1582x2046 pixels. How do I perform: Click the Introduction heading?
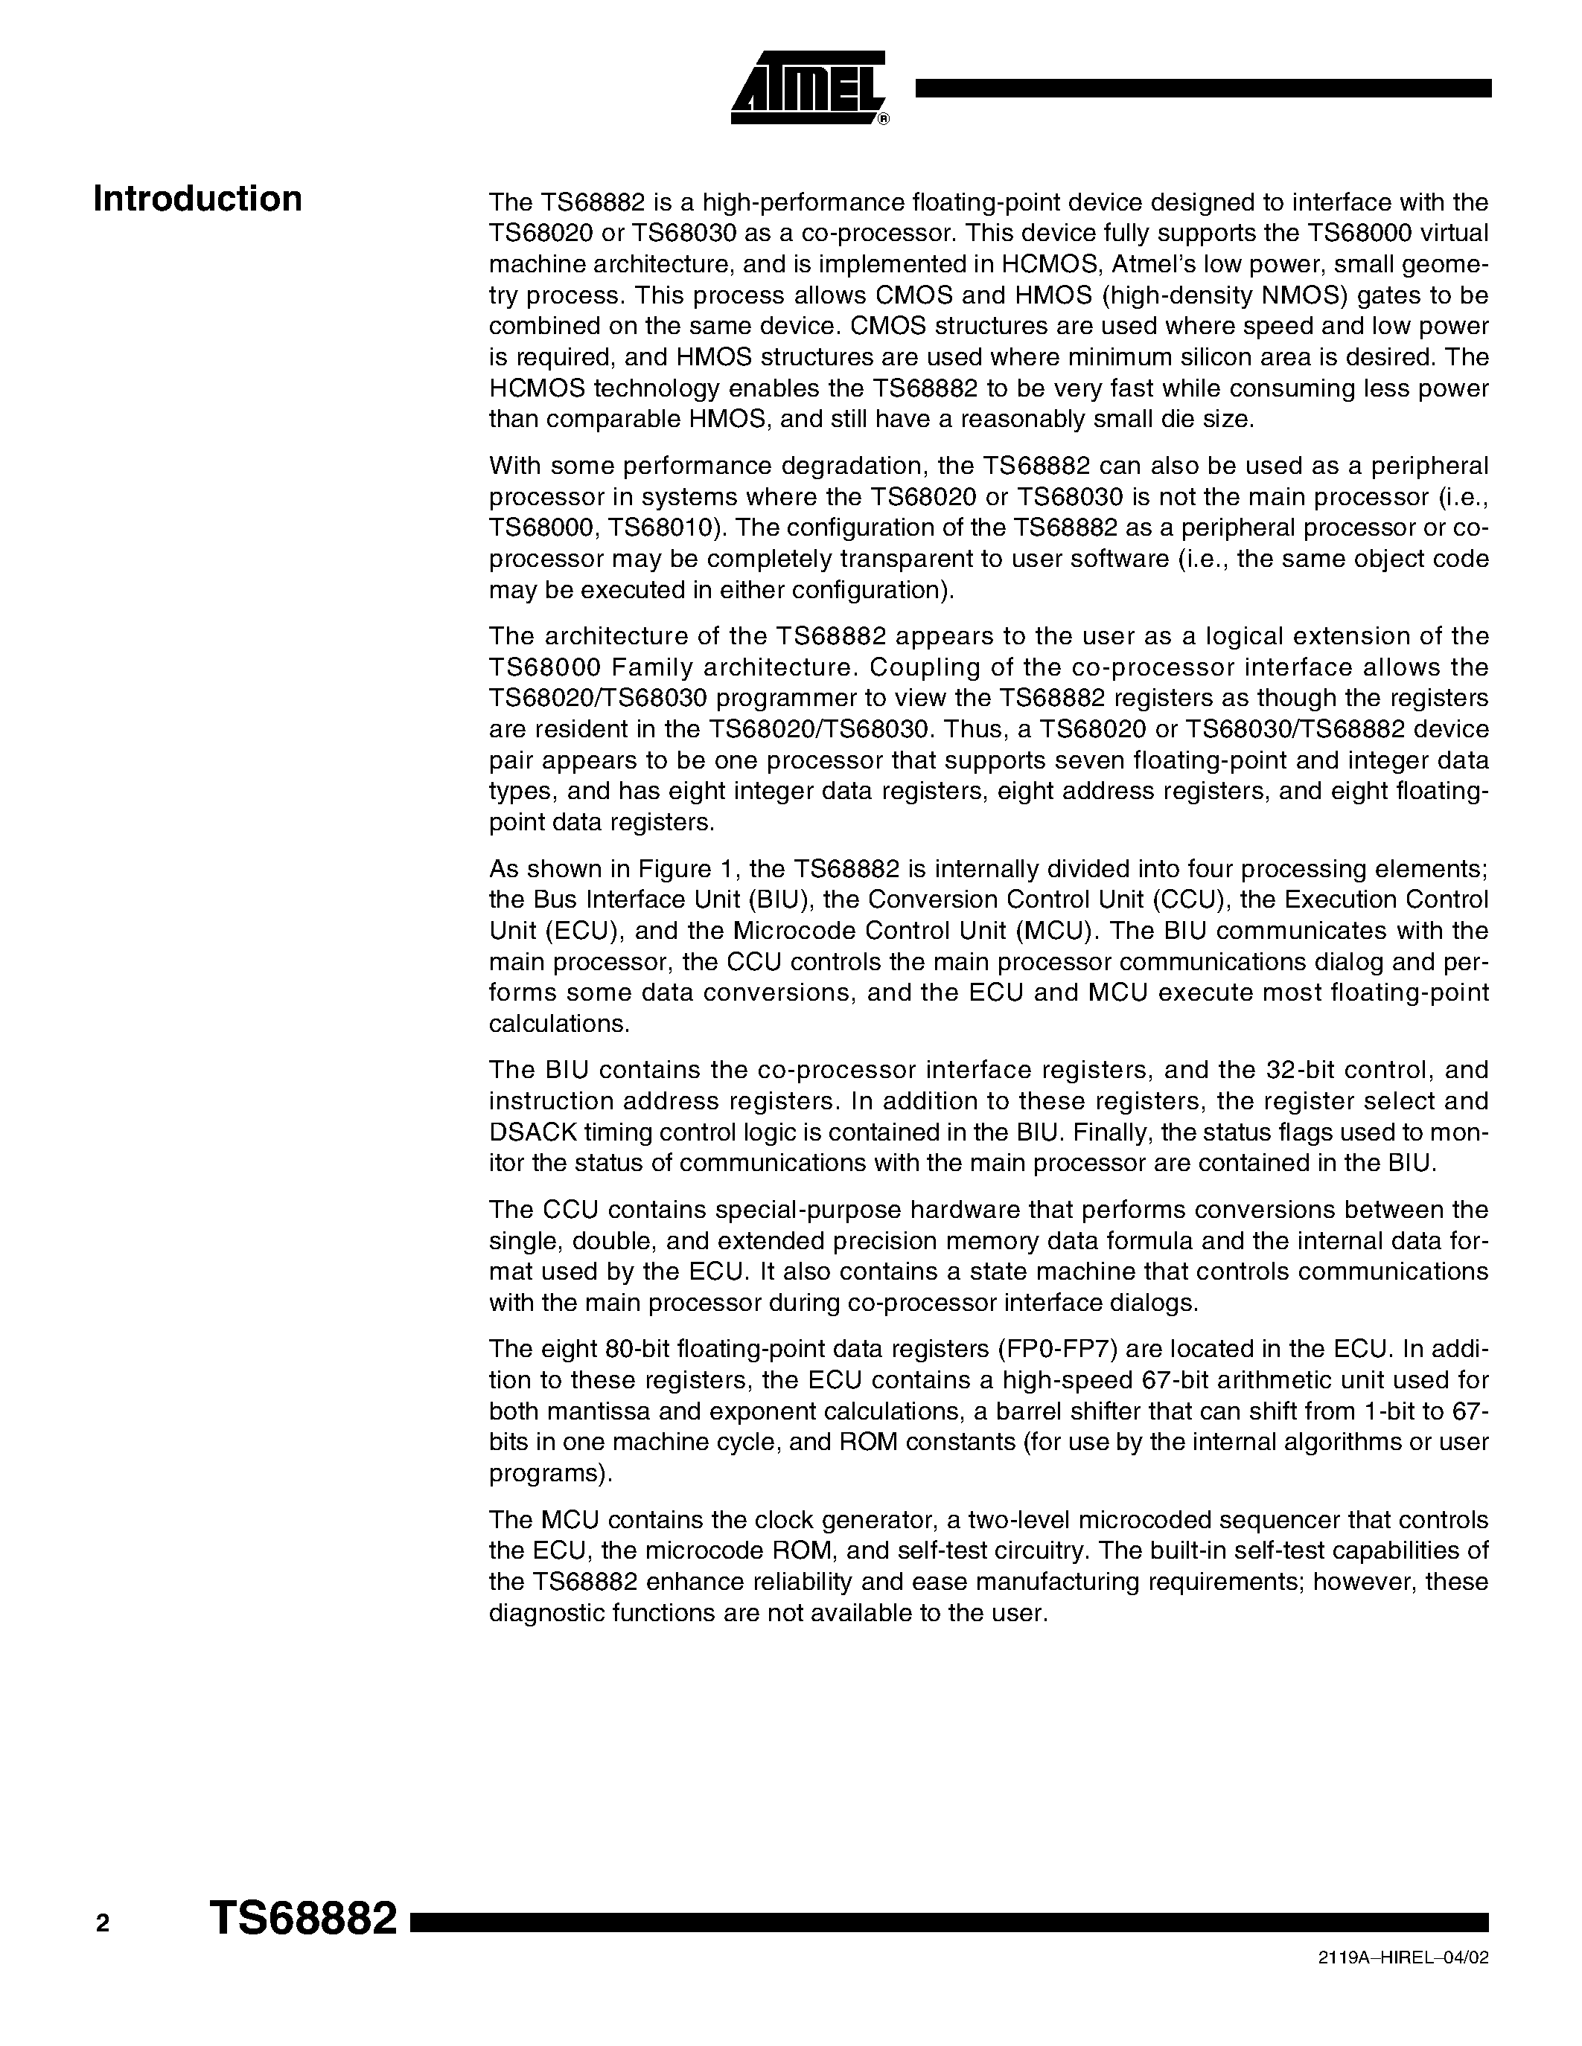tap(198, 199)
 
